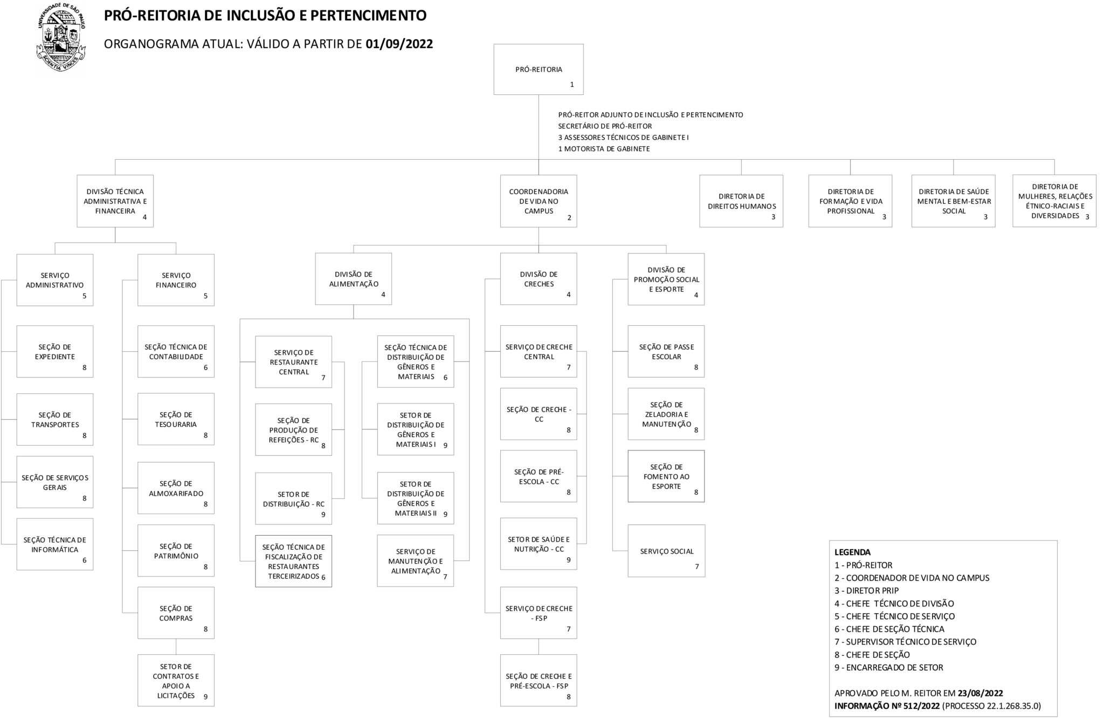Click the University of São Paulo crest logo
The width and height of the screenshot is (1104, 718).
61,38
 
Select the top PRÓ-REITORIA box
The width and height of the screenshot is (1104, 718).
539,69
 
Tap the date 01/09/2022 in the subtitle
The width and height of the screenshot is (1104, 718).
399,44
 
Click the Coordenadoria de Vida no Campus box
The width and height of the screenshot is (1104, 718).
539,201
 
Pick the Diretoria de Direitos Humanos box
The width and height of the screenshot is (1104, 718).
741,201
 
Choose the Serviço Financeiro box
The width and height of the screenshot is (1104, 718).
176,280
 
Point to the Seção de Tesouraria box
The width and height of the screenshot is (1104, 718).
176,419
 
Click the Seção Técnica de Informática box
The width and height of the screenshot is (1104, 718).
55,544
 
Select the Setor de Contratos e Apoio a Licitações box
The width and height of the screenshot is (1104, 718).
176,680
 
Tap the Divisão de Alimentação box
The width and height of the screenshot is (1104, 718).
354,279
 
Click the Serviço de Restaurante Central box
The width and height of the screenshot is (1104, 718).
294,362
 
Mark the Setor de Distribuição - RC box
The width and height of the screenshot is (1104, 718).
294,498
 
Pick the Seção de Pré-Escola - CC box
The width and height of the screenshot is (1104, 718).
539,476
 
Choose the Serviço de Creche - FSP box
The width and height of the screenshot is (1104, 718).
539,613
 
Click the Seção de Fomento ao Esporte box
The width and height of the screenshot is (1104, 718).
666,476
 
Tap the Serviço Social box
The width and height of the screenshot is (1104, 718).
666,551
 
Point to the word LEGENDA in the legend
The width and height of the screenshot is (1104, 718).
853,552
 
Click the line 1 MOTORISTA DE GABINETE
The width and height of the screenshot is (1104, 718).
604,149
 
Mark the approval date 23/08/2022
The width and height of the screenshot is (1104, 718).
981,693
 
